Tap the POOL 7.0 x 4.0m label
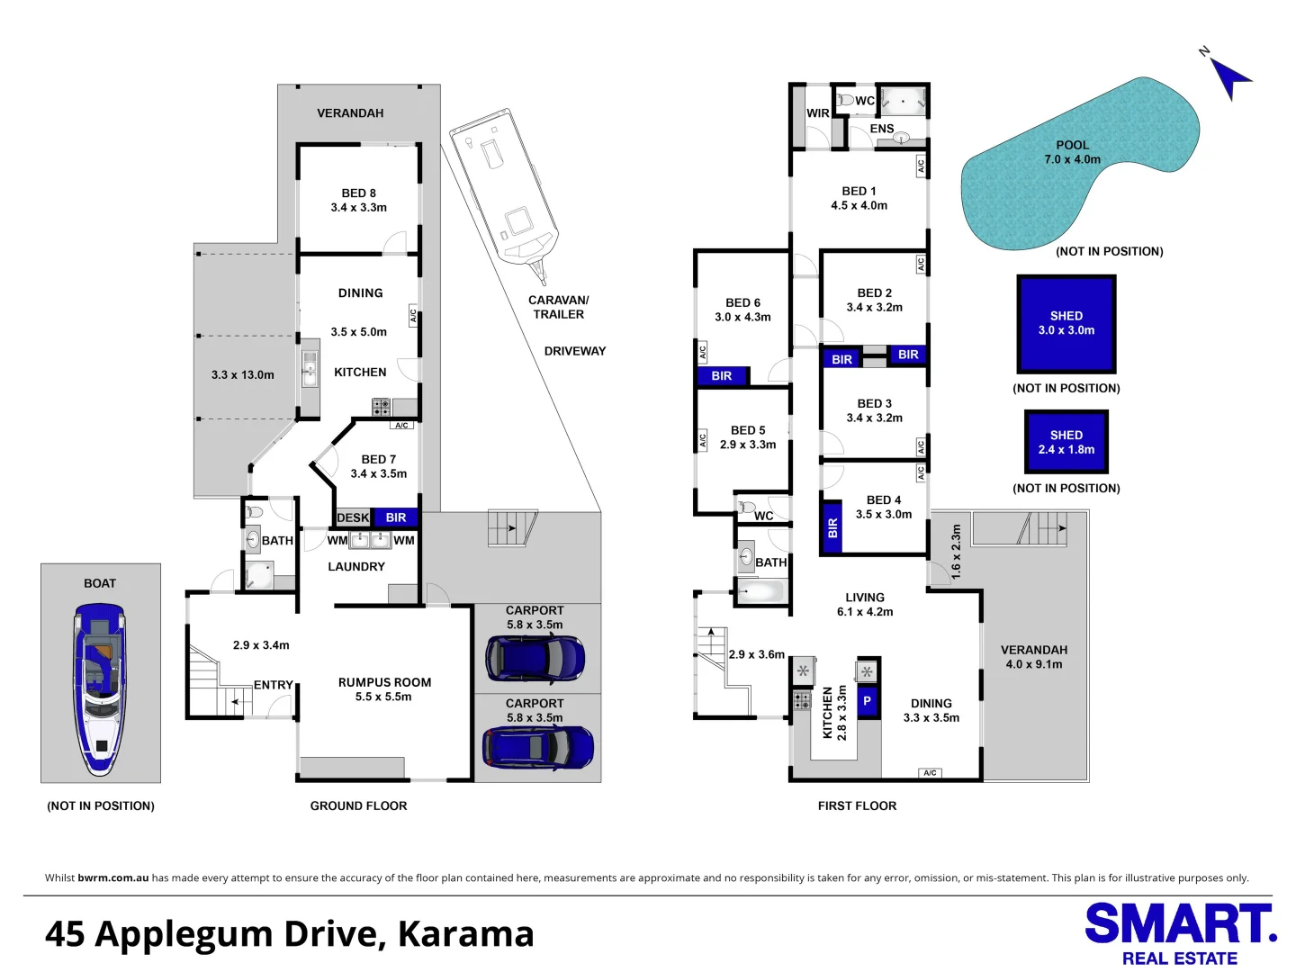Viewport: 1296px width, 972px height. pyautogui.click(x=1072, y=152)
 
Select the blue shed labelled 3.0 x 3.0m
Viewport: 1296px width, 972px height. pyautogui.click(x=1066, y=324)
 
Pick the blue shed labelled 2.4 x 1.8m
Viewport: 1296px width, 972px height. pyautogui.click(x=1066, y=442)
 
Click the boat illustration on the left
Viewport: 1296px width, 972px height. pyautogui.click(x=100, y=688)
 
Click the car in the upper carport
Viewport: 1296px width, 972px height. pyautogui.click(x=535, y=658)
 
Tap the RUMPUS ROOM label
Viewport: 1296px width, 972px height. pyautogui.click(x=384, y=689)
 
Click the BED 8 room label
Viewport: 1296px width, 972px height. pyautogui.click(x=358, y=200)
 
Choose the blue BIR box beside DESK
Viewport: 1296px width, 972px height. pyautogui.click(x=396, y=517)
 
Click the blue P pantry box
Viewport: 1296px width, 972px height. pyautogui.click(x=868, y=700)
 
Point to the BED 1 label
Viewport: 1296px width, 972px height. pyautogui.click(x=859, y=198)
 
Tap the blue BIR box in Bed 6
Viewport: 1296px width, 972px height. pyautogui.click(x=722, y=376)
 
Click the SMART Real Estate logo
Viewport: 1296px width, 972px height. pyautogui.click(x=1180, y=934)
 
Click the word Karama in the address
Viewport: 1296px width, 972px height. pyautogui.click(x=465, y=934)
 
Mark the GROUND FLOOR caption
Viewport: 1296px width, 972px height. pyautogui.click(x=358, y=805)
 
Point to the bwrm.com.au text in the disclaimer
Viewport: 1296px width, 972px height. pyautogui.click(x=112, y=877)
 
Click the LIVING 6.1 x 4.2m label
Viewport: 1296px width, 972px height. pyautogui.click(x=865, y=605)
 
